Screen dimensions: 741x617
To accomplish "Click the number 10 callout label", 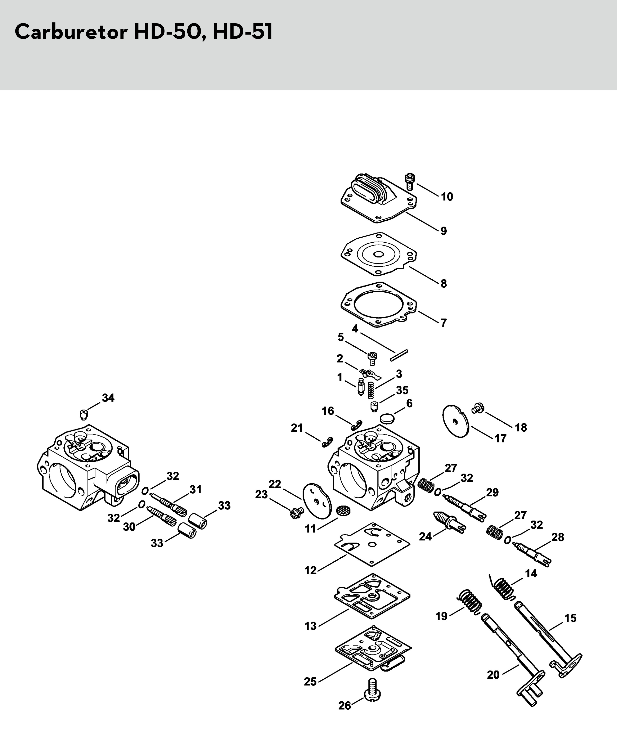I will tap(447, 197).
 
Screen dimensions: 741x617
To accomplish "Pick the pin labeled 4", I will tap(399, 355).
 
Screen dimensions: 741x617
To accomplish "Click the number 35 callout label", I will tap(402, 390).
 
